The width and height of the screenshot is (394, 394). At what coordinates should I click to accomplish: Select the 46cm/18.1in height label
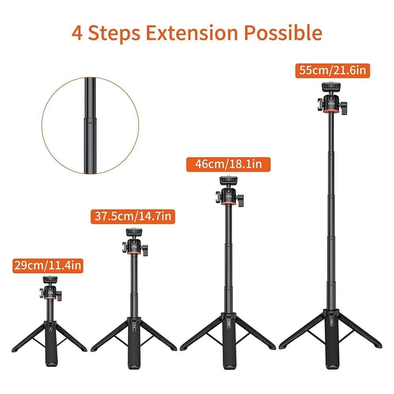click(x=229, y=164)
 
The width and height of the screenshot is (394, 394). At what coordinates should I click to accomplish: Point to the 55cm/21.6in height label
click(x=333, y=71)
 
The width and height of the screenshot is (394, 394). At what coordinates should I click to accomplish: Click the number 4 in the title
click(x=78, y=33)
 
